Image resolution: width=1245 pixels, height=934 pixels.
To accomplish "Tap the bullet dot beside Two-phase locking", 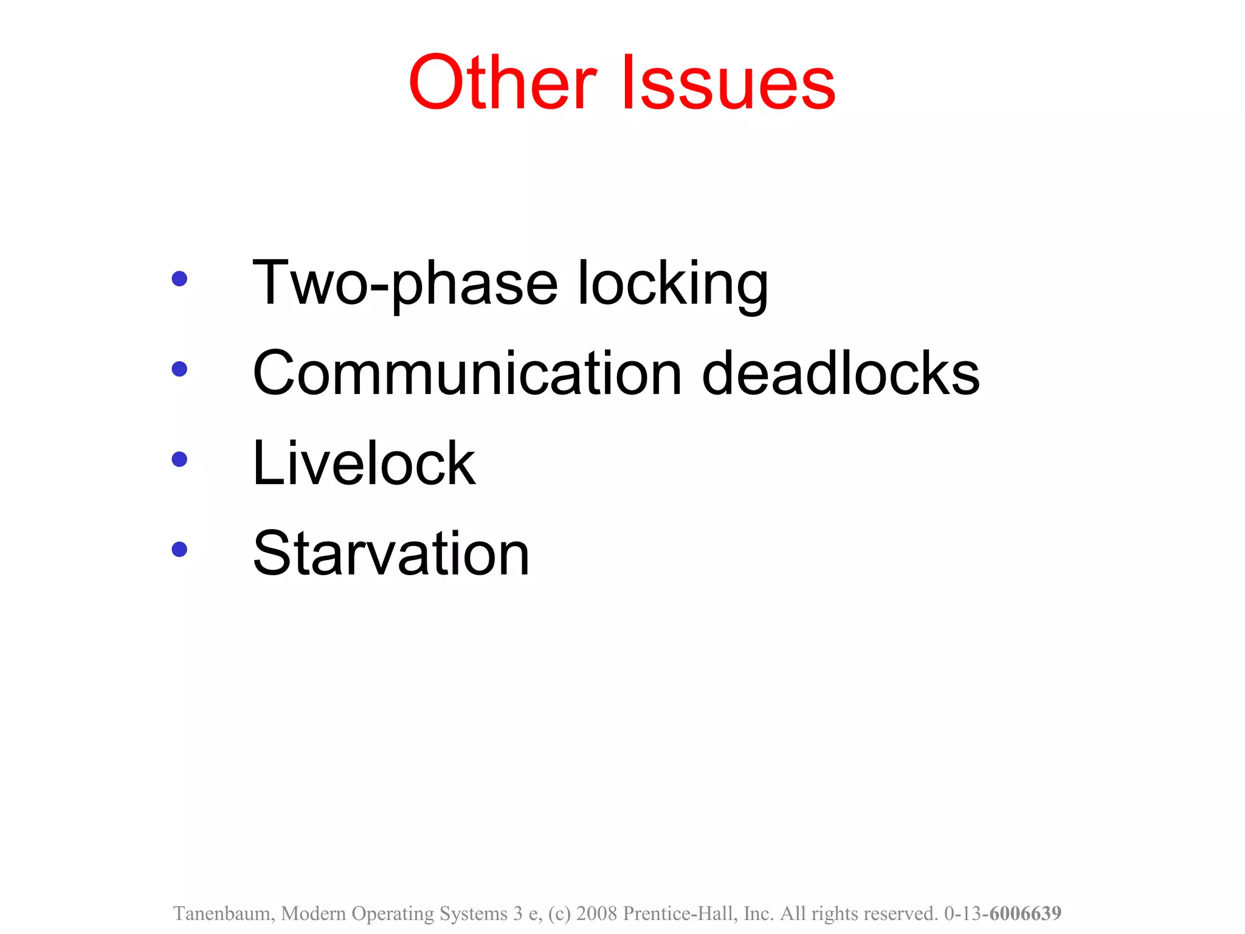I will [x=179, y=278].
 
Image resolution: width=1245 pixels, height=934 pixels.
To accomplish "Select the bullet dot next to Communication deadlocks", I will [x=179, y=368].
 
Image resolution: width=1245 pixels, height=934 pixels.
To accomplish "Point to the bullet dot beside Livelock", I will [x=179, y=459].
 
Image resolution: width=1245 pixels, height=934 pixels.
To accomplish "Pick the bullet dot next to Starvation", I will [x=179, y=550].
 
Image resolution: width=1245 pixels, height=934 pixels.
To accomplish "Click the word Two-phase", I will [x=405, y=283].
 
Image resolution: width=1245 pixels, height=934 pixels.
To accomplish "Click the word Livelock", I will [x=364, y=463].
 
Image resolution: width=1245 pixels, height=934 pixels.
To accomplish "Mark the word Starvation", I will [x=391, y=553].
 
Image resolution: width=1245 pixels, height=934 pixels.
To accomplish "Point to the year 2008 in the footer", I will [x=596, y=914].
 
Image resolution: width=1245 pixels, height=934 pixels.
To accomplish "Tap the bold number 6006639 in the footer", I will [x=1025, y=913].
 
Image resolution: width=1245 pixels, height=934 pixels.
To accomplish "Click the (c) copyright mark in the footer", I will [x=559, y=914].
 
